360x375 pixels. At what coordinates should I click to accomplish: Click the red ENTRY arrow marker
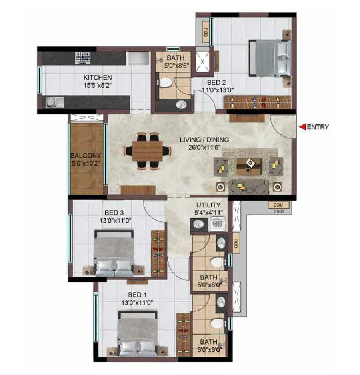(x=302, y=127)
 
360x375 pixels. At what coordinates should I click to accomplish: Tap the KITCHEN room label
(x=97, y=77)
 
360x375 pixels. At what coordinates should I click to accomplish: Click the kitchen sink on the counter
(x=52, y=103)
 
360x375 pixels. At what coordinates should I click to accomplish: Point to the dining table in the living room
(x=147, y=151)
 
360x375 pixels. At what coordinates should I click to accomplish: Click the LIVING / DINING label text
(x=204, y=140)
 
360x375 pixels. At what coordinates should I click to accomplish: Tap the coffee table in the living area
(x=249, y=165)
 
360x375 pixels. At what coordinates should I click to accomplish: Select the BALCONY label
(x=86, y=155)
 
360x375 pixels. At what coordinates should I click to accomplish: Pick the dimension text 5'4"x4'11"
(x=208, y=213)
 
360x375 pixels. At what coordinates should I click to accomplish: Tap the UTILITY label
(x=208, y=205)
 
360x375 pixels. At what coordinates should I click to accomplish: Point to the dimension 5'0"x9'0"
(x=209, y=349)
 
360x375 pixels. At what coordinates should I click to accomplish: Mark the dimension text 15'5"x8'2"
(x=97, y=85)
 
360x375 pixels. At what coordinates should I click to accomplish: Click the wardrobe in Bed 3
(x=158, y=253)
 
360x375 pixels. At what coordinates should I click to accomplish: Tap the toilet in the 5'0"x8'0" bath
(x=217, y=262)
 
